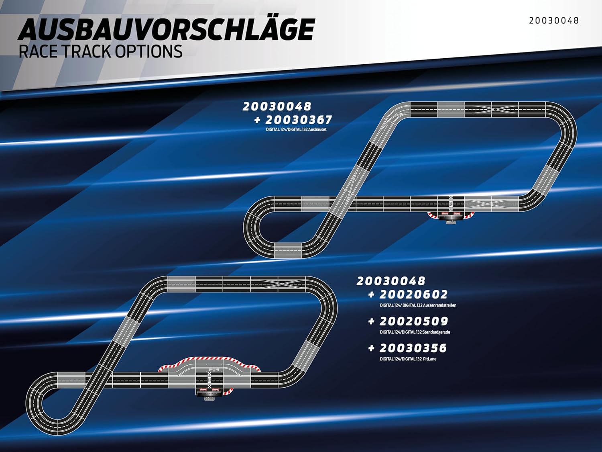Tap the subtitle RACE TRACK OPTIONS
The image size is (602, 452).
pyautogui.click(x=100, y=51)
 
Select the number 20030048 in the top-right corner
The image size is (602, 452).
pyautogui.click(x=554, y=20)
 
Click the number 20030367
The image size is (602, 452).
pyautogui.click(x=299, y=120)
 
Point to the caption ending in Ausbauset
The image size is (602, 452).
pyautogui.click(x=296, y=129)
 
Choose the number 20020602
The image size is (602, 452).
pyautogui.click(x=414, y=295)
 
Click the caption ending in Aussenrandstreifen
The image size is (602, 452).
pyautogui.click(x=418, y=305)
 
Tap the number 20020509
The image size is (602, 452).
pyautogui.click(x=414, y=321)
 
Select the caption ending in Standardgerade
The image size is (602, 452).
pyautogui.click(x=415, y=332)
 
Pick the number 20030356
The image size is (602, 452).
pyautogui.click(x=413, y=348)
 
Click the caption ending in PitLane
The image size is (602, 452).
pyautogui.click(x=408, y=359)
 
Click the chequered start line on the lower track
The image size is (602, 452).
pyautogui.click(x=209, y=380)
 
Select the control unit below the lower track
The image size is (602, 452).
pyautogui.click(x=209, y=394)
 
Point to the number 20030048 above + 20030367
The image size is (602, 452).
pyautogui.click(x=277, y=106)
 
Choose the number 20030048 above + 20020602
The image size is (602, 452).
pyautogui.click(x=391, y=281)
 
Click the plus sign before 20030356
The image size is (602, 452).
pyautogui.click(x=371, y=348)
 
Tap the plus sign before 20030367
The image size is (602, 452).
pyautogui.click(x=257, y=120)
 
